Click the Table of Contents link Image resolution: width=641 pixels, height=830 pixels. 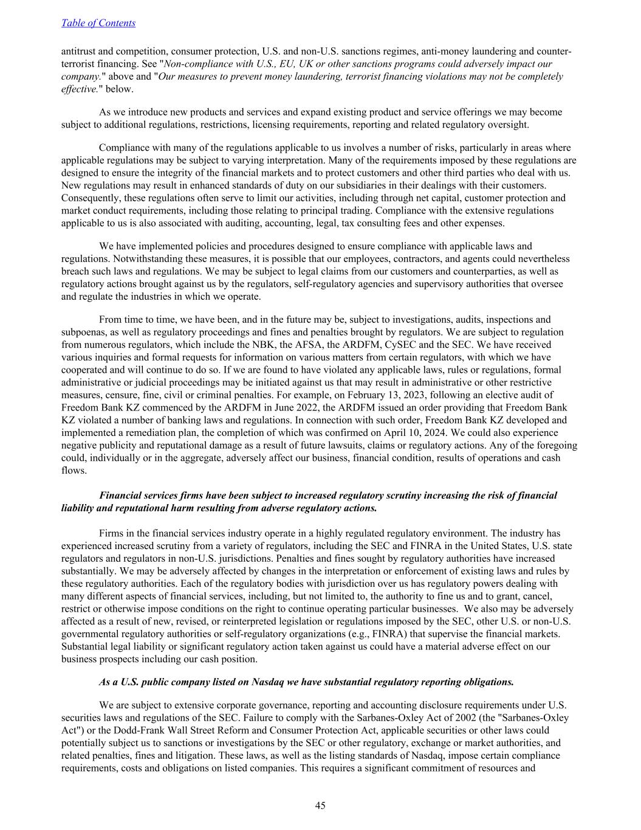click(98, 23)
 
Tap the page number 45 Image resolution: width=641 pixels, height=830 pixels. click(320, 806)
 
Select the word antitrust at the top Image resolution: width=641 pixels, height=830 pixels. click(78, 52)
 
